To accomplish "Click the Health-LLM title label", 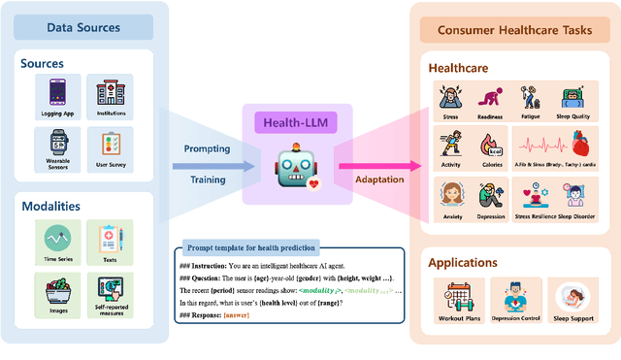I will coord(290,123).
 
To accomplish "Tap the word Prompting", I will coord(207,148).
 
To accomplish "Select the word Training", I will coord(207,179).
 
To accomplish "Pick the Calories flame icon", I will coord(491,146).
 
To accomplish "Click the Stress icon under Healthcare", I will coord(450,97).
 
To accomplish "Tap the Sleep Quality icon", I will coord(572,97).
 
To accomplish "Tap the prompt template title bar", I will coord(249,248).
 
